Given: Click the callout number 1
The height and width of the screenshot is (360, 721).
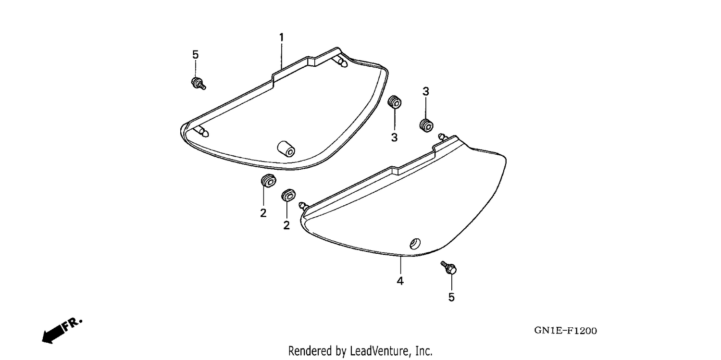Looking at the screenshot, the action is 281,37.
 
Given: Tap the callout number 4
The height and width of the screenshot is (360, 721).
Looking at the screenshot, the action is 400,281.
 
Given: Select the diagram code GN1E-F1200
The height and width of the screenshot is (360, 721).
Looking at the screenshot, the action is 566,331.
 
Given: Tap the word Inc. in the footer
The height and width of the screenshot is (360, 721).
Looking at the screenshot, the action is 423,351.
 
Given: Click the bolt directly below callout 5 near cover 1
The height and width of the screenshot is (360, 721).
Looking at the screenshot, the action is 198,83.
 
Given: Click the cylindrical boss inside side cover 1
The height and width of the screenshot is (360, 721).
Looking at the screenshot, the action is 286,149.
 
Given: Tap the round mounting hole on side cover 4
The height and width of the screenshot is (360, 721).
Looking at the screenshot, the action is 415,244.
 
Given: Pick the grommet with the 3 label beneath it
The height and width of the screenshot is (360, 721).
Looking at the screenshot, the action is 395,102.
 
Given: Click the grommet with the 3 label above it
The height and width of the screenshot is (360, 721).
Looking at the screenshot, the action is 426,125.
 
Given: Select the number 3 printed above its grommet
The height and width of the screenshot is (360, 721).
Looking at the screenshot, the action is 425,92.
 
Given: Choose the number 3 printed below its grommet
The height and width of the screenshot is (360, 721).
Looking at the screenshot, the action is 394,137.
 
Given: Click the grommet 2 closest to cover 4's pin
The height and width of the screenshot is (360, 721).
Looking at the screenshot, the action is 288,195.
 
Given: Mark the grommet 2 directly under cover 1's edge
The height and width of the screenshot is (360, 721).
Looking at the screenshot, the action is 268,180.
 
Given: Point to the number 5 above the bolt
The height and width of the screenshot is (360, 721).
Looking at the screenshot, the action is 195,55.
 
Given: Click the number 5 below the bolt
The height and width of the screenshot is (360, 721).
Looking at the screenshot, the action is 452,297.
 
